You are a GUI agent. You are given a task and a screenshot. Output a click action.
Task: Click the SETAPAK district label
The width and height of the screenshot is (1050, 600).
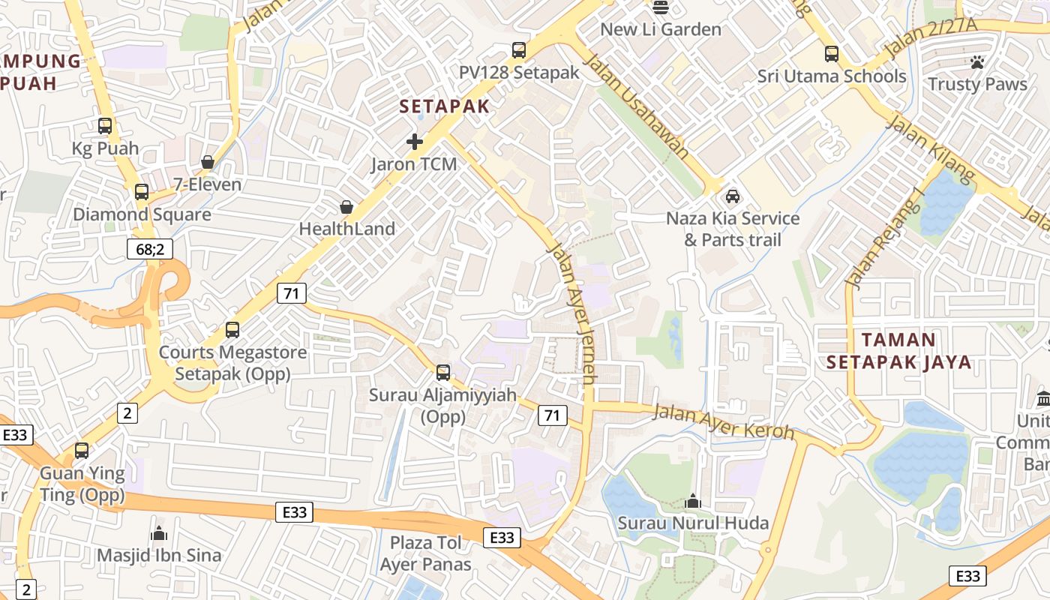point(444,106)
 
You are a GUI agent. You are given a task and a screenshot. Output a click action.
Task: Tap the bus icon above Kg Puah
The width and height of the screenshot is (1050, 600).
point(105,126)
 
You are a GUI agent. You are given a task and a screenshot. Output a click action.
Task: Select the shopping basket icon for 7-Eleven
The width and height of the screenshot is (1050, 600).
point(208,162)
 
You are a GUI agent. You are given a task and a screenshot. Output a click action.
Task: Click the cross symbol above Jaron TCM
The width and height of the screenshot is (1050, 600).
point(414,141)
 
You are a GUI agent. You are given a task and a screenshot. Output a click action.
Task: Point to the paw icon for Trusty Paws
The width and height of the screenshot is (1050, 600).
point(977,62)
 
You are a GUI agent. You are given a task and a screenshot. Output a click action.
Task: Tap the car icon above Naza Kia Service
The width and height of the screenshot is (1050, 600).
point(733,196)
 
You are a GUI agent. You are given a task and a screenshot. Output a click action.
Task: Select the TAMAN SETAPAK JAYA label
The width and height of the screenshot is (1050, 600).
point(898,351)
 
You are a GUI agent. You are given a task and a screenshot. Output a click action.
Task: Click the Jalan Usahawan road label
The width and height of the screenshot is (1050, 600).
point(637,106)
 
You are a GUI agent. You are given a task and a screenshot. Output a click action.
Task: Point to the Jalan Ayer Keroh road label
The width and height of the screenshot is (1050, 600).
point(724,421)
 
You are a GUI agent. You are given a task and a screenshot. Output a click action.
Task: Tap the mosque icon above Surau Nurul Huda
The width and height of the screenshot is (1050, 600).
point(693,500)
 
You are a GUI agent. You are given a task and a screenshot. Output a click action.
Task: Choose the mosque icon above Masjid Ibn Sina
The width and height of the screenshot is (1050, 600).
point(159,533)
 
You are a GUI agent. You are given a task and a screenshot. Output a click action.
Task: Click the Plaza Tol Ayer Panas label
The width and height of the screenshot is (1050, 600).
point(425,553)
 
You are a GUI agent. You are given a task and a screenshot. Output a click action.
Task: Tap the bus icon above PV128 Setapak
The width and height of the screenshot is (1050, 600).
point(519,50)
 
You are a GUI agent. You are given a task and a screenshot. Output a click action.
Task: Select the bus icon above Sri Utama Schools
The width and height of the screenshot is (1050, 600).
point(832,54)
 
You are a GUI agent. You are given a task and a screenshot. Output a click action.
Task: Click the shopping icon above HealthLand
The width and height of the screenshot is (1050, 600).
point(346,206)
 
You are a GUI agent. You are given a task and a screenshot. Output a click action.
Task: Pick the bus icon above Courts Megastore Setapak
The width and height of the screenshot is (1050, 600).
point(232,330)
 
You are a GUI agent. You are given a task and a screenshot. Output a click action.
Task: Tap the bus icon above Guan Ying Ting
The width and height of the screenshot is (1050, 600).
point(82,451)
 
